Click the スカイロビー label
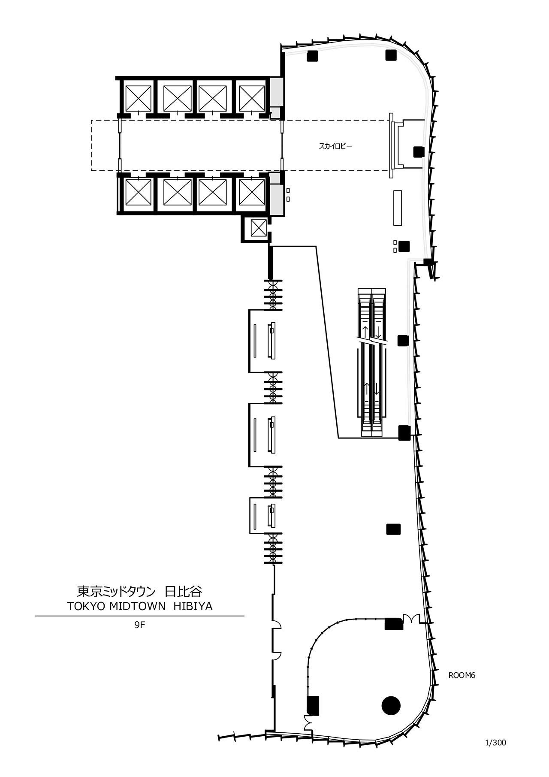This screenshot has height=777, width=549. [335, 146]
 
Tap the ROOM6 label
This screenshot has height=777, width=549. [462, 675]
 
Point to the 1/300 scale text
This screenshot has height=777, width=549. [495, 743]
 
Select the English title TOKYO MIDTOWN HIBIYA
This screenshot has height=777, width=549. [140, 606]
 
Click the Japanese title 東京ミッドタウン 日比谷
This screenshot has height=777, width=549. [140, 592]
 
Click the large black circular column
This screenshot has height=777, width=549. [391, 705]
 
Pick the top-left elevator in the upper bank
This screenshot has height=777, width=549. [138, 98]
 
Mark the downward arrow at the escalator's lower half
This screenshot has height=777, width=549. [377, 390]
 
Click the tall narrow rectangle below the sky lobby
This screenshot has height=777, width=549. [398, 208]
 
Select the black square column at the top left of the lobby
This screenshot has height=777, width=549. [312, 56]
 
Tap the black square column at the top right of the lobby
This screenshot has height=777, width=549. [390, 55]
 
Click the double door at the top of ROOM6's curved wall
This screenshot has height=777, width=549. [410, 618]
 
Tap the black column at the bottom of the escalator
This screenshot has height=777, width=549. [404, 433]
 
